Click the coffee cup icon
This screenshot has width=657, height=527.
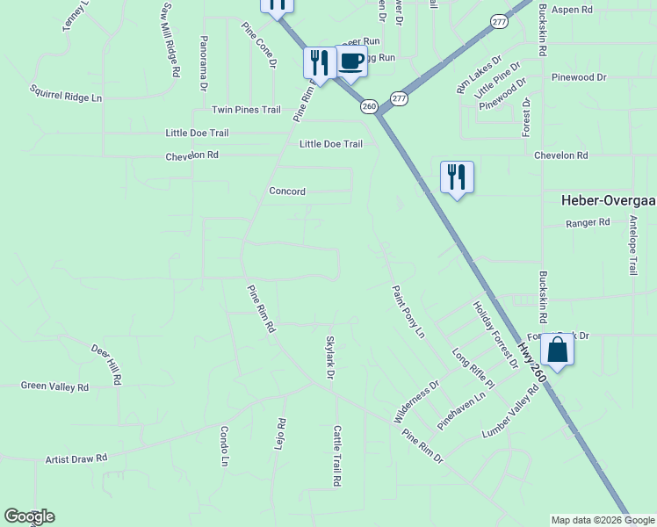[x=351, y=61]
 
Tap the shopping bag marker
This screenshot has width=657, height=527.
[x=557, y=350]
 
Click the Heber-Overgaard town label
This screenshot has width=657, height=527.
[x=609, y=200]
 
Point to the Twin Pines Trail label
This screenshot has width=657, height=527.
[x=246, y=110]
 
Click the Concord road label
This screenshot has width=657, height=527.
[x=287, y=191]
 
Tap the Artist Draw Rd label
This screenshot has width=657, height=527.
[x=76, y=458]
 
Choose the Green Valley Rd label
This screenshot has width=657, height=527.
[x=54, y=386]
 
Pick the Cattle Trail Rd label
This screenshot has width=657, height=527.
[x=336, y=456]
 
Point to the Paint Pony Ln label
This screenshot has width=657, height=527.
[x=408, y=311]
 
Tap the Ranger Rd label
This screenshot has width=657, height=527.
[x=588, y=223]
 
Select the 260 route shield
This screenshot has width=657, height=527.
[x=369, y=106]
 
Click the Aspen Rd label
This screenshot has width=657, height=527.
[x=573, y=9]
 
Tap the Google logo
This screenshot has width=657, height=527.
[x=29, y=516]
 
